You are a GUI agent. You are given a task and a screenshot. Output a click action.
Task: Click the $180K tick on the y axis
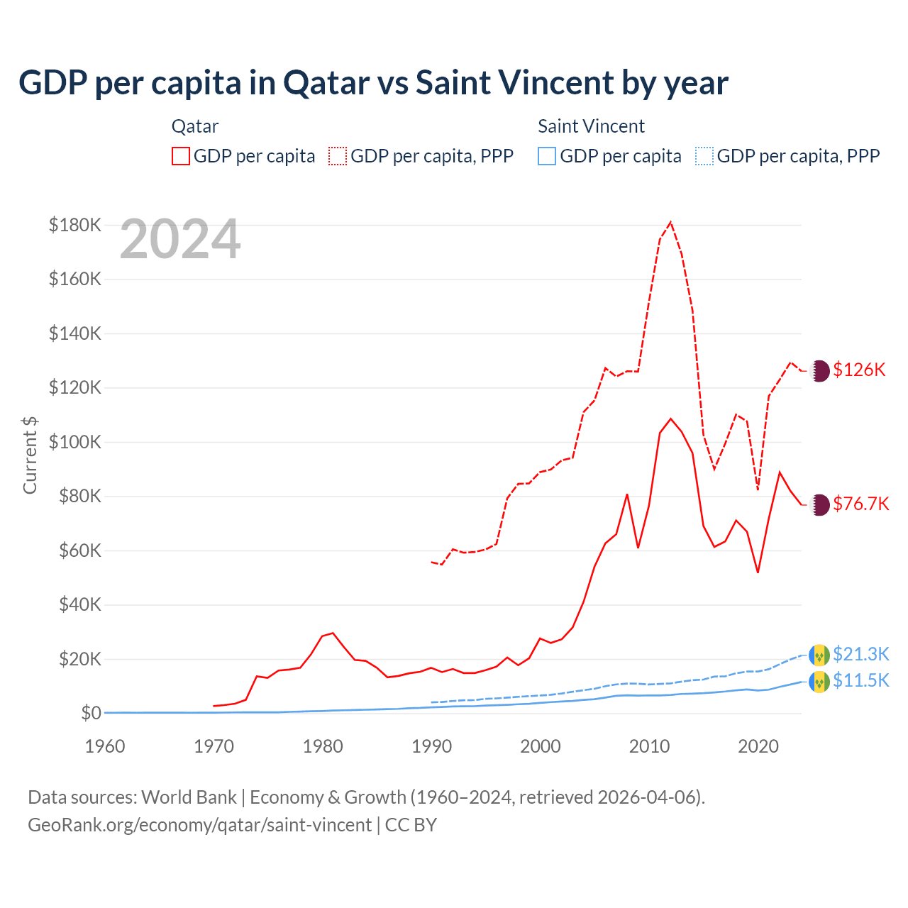click(75, 225)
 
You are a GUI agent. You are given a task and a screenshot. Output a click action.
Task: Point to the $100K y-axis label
click(75, 442)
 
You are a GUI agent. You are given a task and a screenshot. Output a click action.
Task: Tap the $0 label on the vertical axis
click(91, 713)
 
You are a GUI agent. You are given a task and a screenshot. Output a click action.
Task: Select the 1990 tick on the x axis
click(431, 746)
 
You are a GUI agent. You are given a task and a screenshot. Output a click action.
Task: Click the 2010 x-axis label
click(649, 746)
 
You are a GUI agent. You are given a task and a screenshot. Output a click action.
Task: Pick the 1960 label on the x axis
click(105, 746)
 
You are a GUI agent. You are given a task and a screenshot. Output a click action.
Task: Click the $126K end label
click(859, 370)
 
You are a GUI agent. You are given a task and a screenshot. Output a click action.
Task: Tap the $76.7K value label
click(860, 504)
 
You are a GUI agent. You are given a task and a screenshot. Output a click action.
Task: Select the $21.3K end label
click(860, 654)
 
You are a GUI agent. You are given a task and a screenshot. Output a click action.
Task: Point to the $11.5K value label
click(860, 681)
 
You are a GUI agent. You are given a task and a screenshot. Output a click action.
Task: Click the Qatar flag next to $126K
click(819, 371)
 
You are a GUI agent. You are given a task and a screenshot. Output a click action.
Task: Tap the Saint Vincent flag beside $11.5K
click(819, 682)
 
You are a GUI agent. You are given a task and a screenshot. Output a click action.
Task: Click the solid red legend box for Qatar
click(181, 156)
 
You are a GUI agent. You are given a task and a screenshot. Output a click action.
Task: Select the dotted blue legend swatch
click(704, 156)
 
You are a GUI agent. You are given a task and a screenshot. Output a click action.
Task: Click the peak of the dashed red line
click(670, 222)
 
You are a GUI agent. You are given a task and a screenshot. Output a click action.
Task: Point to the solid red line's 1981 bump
click(333, 633)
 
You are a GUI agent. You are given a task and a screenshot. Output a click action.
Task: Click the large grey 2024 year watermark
click(180, 240)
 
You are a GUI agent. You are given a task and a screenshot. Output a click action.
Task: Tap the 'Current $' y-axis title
click(30, 455)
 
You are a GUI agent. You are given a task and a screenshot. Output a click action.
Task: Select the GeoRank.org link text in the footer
click(199, 825)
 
